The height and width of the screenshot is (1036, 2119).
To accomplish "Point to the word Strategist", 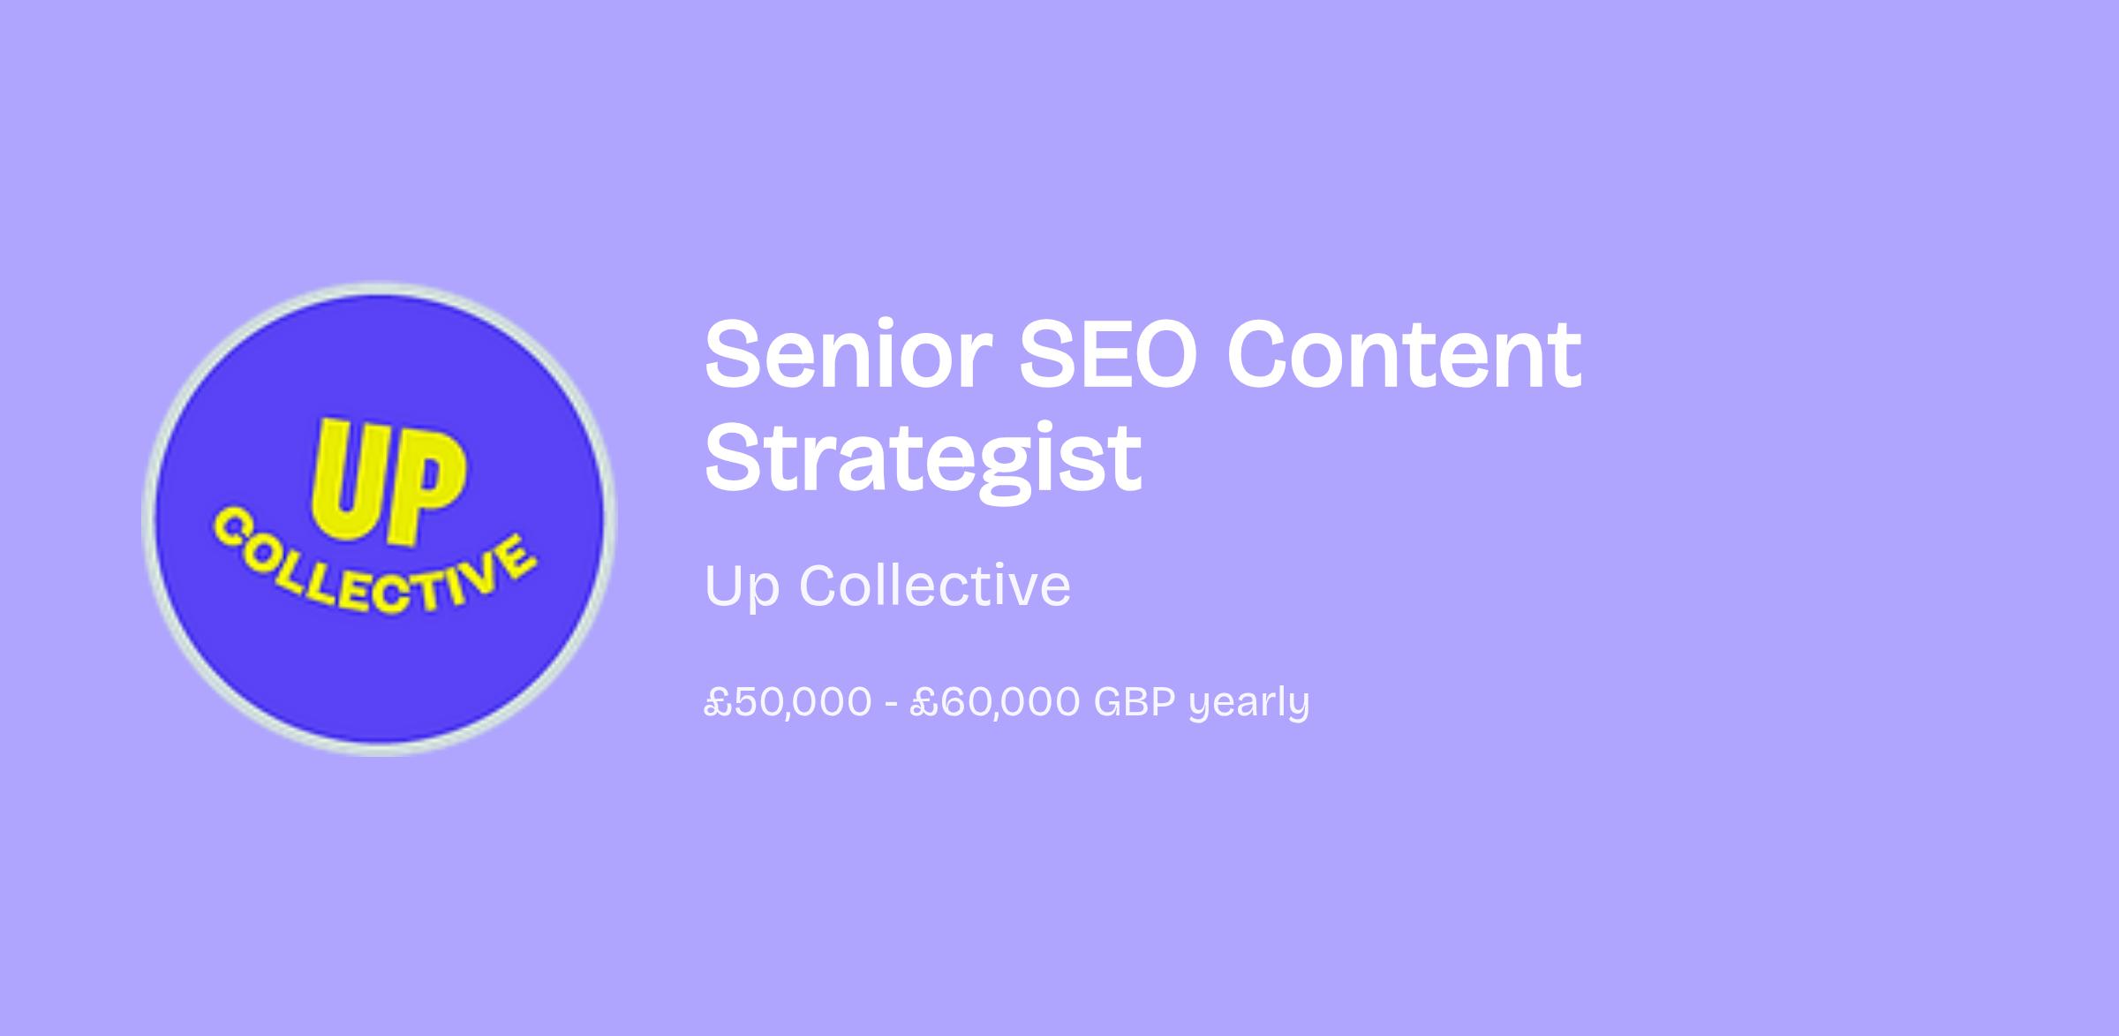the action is (923, 458).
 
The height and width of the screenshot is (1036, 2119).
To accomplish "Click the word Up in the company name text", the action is (742, 586).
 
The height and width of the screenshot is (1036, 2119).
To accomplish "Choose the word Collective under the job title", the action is (935, 585).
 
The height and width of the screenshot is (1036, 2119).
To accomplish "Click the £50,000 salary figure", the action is (788, 703).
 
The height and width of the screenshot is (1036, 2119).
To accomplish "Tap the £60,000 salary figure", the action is (995, 703).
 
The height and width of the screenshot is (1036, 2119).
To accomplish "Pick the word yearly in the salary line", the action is (1249, 704).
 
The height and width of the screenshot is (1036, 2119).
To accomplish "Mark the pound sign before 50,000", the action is (718, 703).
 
